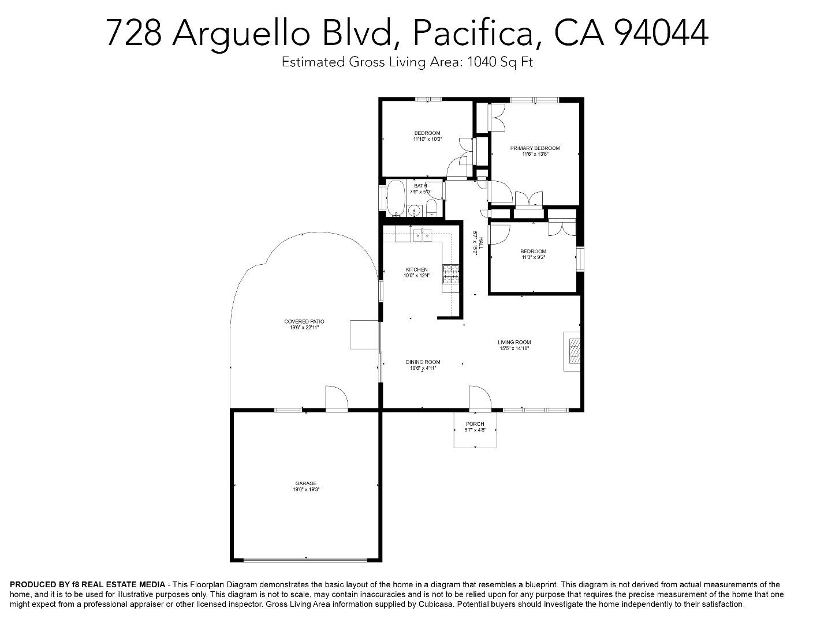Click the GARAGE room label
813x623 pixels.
point(305,483)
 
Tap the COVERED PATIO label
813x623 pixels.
point(304,321)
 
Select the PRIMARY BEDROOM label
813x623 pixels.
point(535,148)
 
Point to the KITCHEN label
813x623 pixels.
point(417,269)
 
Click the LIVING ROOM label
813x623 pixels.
point(514,342)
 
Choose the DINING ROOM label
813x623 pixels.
point(423,362)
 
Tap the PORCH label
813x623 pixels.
point(475,424)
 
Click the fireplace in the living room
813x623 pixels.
point(573,351)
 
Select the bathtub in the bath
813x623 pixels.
point(396,198)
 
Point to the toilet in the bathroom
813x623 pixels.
point(431,208)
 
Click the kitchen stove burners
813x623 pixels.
point(450,274)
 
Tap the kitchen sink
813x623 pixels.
point(422,234)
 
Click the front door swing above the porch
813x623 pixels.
point(479,398)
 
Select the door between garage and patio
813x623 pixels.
point(336,399)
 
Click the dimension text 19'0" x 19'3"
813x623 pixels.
point(305,490)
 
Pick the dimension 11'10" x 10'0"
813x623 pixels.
point(427,139)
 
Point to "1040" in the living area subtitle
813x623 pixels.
point(481,62)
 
